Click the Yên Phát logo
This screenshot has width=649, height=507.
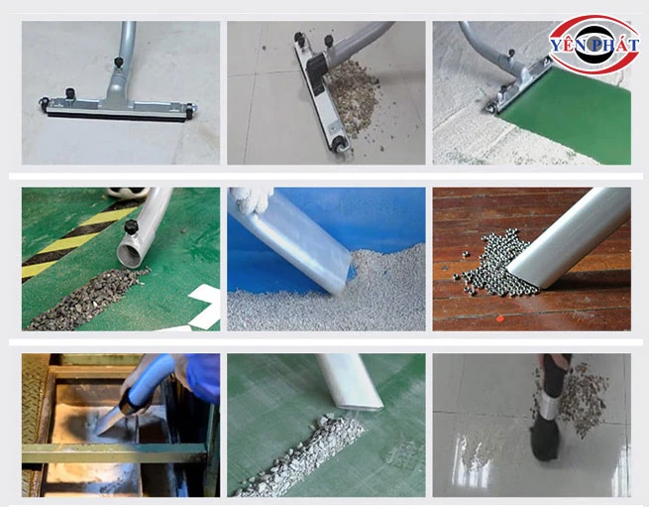594,45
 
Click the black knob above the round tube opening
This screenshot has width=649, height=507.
131,227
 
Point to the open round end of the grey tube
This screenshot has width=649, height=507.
131,255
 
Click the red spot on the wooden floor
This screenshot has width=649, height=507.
500,318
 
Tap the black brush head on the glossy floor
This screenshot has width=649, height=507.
545,441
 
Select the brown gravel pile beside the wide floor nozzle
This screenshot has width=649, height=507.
355,96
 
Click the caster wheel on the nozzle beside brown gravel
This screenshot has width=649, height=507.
340,144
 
